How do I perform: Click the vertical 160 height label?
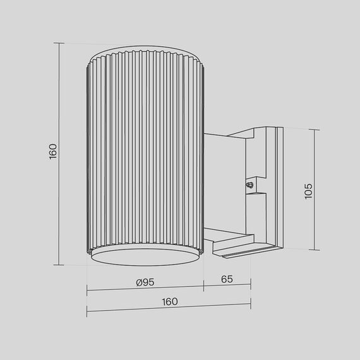(53, 151)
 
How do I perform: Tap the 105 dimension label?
(309, 191)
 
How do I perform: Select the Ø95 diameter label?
(145, 282)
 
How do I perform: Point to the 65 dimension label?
(228, 279)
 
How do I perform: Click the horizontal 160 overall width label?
(169, 301)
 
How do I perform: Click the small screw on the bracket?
(249, 185)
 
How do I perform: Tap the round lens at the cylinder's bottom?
(145, 258)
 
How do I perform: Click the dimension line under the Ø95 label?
(145, 291)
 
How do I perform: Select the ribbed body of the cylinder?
(145, 152)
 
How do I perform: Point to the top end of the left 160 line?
(60, 43)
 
